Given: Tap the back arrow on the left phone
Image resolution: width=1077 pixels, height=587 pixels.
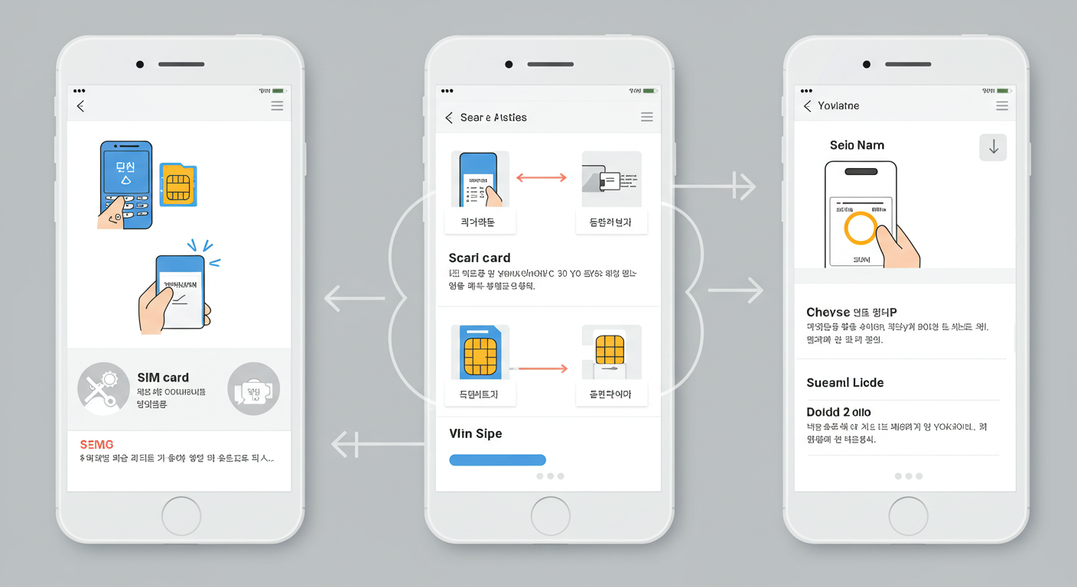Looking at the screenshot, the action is coord(80,106).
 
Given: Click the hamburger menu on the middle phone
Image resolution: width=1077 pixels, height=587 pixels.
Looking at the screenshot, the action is coord(647,117).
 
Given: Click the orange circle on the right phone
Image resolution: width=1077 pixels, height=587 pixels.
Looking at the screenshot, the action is coord(861,228).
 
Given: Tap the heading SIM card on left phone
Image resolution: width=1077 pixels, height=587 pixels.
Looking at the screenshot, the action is coord(163,378).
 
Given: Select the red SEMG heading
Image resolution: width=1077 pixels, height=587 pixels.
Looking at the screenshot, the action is coord(96,444).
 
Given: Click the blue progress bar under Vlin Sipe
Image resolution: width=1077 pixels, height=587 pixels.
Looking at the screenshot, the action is coord(497,460).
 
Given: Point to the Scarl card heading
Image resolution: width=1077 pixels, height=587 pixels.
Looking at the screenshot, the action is coord(480,258).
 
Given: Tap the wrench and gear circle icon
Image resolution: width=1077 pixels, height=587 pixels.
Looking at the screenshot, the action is coord(103,389).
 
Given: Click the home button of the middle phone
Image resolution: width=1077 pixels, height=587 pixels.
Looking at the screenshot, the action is coord(550,516).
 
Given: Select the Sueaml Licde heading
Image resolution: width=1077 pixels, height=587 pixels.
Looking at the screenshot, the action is coord(845,382).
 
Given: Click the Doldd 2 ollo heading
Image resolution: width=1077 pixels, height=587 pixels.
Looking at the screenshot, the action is coord(839,412).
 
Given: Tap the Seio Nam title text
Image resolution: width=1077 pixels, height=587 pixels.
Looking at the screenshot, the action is coord(857,145).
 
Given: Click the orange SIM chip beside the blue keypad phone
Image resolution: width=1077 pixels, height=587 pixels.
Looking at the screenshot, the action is coord(178,186).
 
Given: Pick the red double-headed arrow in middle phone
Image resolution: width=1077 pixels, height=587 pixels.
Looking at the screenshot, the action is coord(542,177).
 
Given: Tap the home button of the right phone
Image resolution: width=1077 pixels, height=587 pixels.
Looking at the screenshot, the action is coord(908,516).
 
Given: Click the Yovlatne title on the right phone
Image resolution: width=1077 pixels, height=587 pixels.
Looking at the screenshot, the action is coord(838,106).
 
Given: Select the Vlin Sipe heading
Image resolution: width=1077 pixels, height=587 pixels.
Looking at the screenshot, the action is coord(476,433).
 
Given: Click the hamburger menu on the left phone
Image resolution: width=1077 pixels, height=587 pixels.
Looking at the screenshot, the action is coord(277,106).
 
